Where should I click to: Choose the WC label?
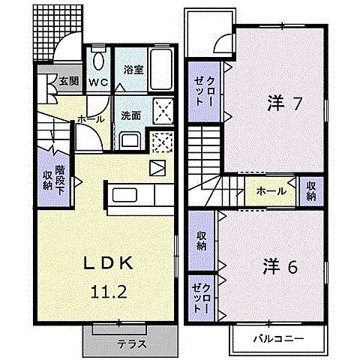coord(98,80)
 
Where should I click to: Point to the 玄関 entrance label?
coord(70,81)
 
